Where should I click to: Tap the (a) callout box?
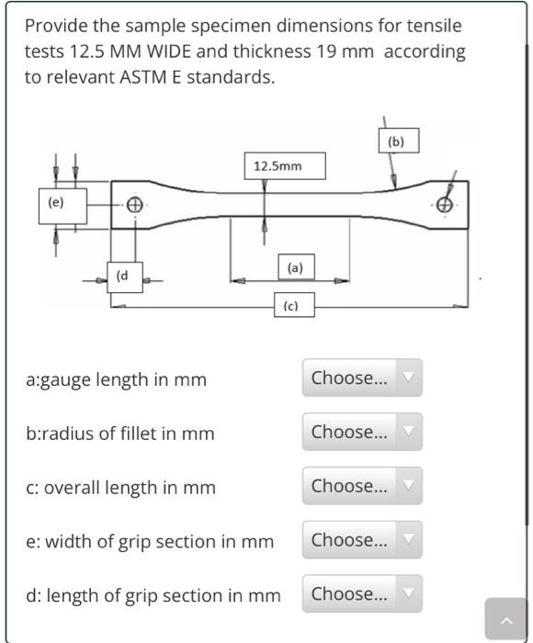point(294,268)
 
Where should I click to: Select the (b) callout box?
point(396,141)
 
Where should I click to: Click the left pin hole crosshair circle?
point(134,205)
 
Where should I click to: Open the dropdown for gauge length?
point(362,378)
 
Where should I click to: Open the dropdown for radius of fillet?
point(362,432)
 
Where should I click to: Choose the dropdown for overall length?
point(362,486)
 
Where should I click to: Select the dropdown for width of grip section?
point(362,540)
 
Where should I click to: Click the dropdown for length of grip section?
point(362,594)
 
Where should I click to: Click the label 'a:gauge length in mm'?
point(116,379)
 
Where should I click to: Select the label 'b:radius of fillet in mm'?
point(119,434)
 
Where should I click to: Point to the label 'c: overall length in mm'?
point(120,488)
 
